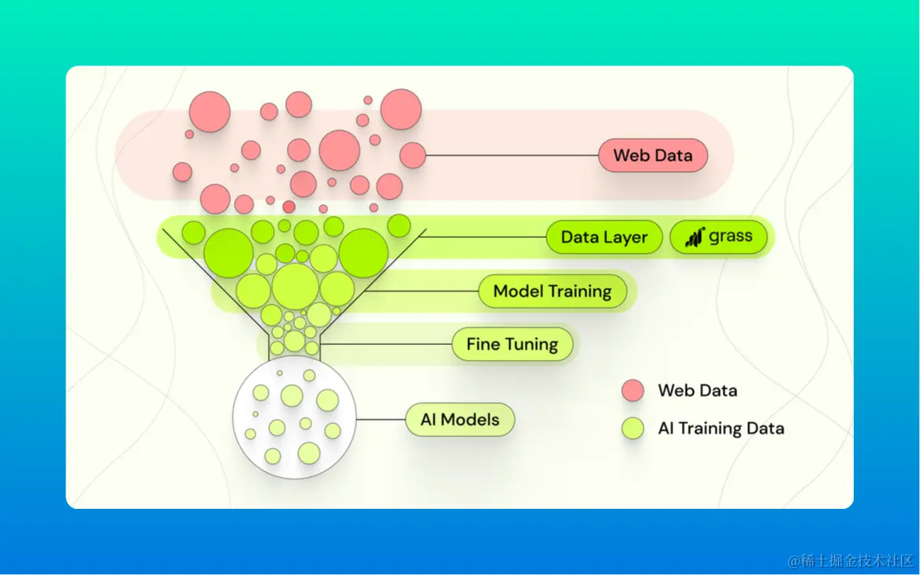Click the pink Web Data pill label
click(x=653, y=155)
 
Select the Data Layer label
click(x=604, y=237)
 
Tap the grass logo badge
click(x=718, y=236)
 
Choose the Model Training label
click(x=552, y=291)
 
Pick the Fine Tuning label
click(x=512, y=344)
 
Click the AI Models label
click(x=460, y=420)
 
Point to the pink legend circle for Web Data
click(x=632, y=390)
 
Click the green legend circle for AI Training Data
click(x=632, y=428)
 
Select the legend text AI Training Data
click(x=721, y=428)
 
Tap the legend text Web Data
click(x=698, y=390)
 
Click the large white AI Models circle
click(x=293, y=417)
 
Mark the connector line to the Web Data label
click(x=512, y=155)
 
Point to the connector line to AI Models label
click(x=381, y=419)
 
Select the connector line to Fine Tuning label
click(x=386, y=344)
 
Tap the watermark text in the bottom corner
click(x=851, y=561)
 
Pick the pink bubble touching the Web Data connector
click(x=412, y=155)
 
